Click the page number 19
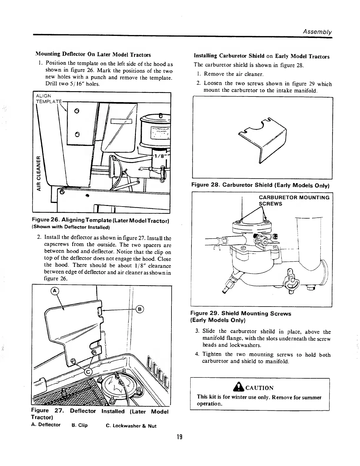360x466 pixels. (180, 437)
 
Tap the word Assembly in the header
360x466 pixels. (318, 32)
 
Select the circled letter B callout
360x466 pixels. (140, 309)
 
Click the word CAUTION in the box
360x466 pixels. (259, 388)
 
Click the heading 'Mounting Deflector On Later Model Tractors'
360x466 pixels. (93, 55)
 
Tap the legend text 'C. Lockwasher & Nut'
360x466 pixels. (131, 426)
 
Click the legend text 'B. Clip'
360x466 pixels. (79, 425)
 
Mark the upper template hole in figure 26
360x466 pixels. (76, 111)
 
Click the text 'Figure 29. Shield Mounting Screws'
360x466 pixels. (241, 314)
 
